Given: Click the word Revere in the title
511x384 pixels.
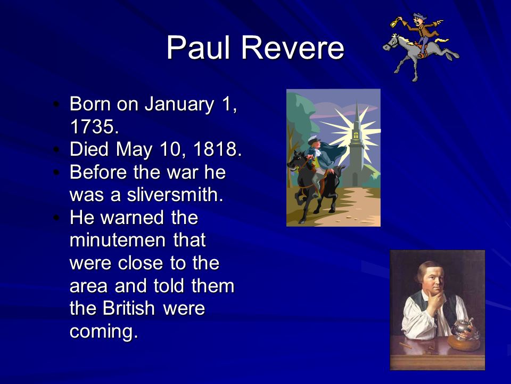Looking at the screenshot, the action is tap(292, 47).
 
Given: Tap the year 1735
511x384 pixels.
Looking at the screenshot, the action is tap(94, 126).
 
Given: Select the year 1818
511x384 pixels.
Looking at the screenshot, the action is tap(217, 149).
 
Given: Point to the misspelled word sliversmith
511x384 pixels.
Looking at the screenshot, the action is tap(175, 195).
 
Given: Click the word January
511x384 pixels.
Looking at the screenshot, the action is tap(179, 105).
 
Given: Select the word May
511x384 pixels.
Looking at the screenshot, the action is tap(134, 150).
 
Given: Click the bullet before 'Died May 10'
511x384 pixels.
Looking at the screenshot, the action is tap(57, 149).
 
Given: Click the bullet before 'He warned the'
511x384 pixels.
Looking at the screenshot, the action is tap(57, 218).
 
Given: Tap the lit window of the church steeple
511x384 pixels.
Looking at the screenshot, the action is tap(356, 134).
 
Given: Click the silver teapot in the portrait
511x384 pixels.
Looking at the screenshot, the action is tap(462, 329).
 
